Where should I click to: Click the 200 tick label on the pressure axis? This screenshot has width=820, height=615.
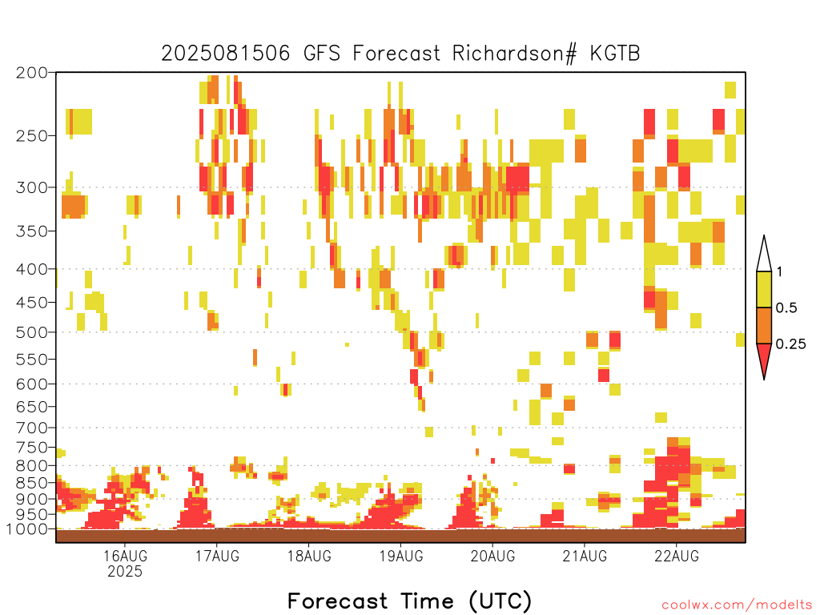[x=32, y=73]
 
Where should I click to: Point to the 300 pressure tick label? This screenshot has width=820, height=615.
[x=32, y=187]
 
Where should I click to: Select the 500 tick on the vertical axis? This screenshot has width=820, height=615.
[x=32, y=332]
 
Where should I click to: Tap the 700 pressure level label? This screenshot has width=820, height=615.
[x=32, y=428]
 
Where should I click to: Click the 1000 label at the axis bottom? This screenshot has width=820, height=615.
[x=27, y=529]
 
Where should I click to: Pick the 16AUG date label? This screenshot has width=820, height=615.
[x=125, y=556]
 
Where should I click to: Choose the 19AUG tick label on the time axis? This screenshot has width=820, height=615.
[x=401, y=556]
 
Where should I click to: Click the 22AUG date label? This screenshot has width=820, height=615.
[x=677, y=556]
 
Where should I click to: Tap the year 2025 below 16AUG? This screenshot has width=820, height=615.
[x=125, y=571]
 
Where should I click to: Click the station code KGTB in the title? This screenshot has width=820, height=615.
[x=615, y=54]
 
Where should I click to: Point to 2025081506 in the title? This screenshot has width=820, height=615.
[x=225, y=54]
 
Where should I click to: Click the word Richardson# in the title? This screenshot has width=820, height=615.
[x=515, y=54]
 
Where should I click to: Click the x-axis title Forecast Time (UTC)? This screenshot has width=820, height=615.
[x=409, y=601]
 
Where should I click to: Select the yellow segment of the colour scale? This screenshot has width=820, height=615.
[x=764, y=289]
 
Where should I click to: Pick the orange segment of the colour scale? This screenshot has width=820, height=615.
[x=764, y=325]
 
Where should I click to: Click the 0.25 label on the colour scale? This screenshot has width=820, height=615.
[x=790, y=344]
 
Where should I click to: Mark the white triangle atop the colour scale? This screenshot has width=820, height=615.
[x=764, y=254]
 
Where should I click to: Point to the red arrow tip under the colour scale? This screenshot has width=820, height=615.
[x=764, y=379]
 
